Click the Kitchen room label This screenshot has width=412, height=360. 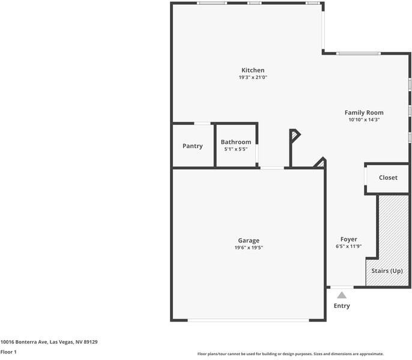pos(252,70)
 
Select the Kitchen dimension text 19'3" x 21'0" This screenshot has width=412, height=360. pos(252,77)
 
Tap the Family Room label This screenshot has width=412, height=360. pos(363,112)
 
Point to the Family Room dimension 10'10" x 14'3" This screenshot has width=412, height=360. pos(363,119)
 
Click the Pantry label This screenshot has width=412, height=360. pos(192,146)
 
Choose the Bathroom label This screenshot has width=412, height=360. pos(235,142)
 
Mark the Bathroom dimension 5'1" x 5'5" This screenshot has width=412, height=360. pos(235,149)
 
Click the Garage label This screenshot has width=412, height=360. pos(248,241)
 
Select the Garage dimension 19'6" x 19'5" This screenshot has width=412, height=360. pos(248,248)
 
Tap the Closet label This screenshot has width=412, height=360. pos(388,178)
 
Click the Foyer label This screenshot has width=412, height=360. pos(348,239)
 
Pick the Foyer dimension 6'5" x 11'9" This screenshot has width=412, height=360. pos(348,247)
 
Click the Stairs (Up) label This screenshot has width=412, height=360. pos(387,271)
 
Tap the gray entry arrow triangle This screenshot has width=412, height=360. pos(342,295)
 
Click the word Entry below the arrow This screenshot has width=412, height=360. pos(342,306)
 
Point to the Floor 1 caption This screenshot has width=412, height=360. pos(8,352)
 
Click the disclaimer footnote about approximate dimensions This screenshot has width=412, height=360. pos(290,354)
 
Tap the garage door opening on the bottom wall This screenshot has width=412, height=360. pos(248,320)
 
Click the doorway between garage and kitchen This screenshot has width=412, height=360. pos(272,168)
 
